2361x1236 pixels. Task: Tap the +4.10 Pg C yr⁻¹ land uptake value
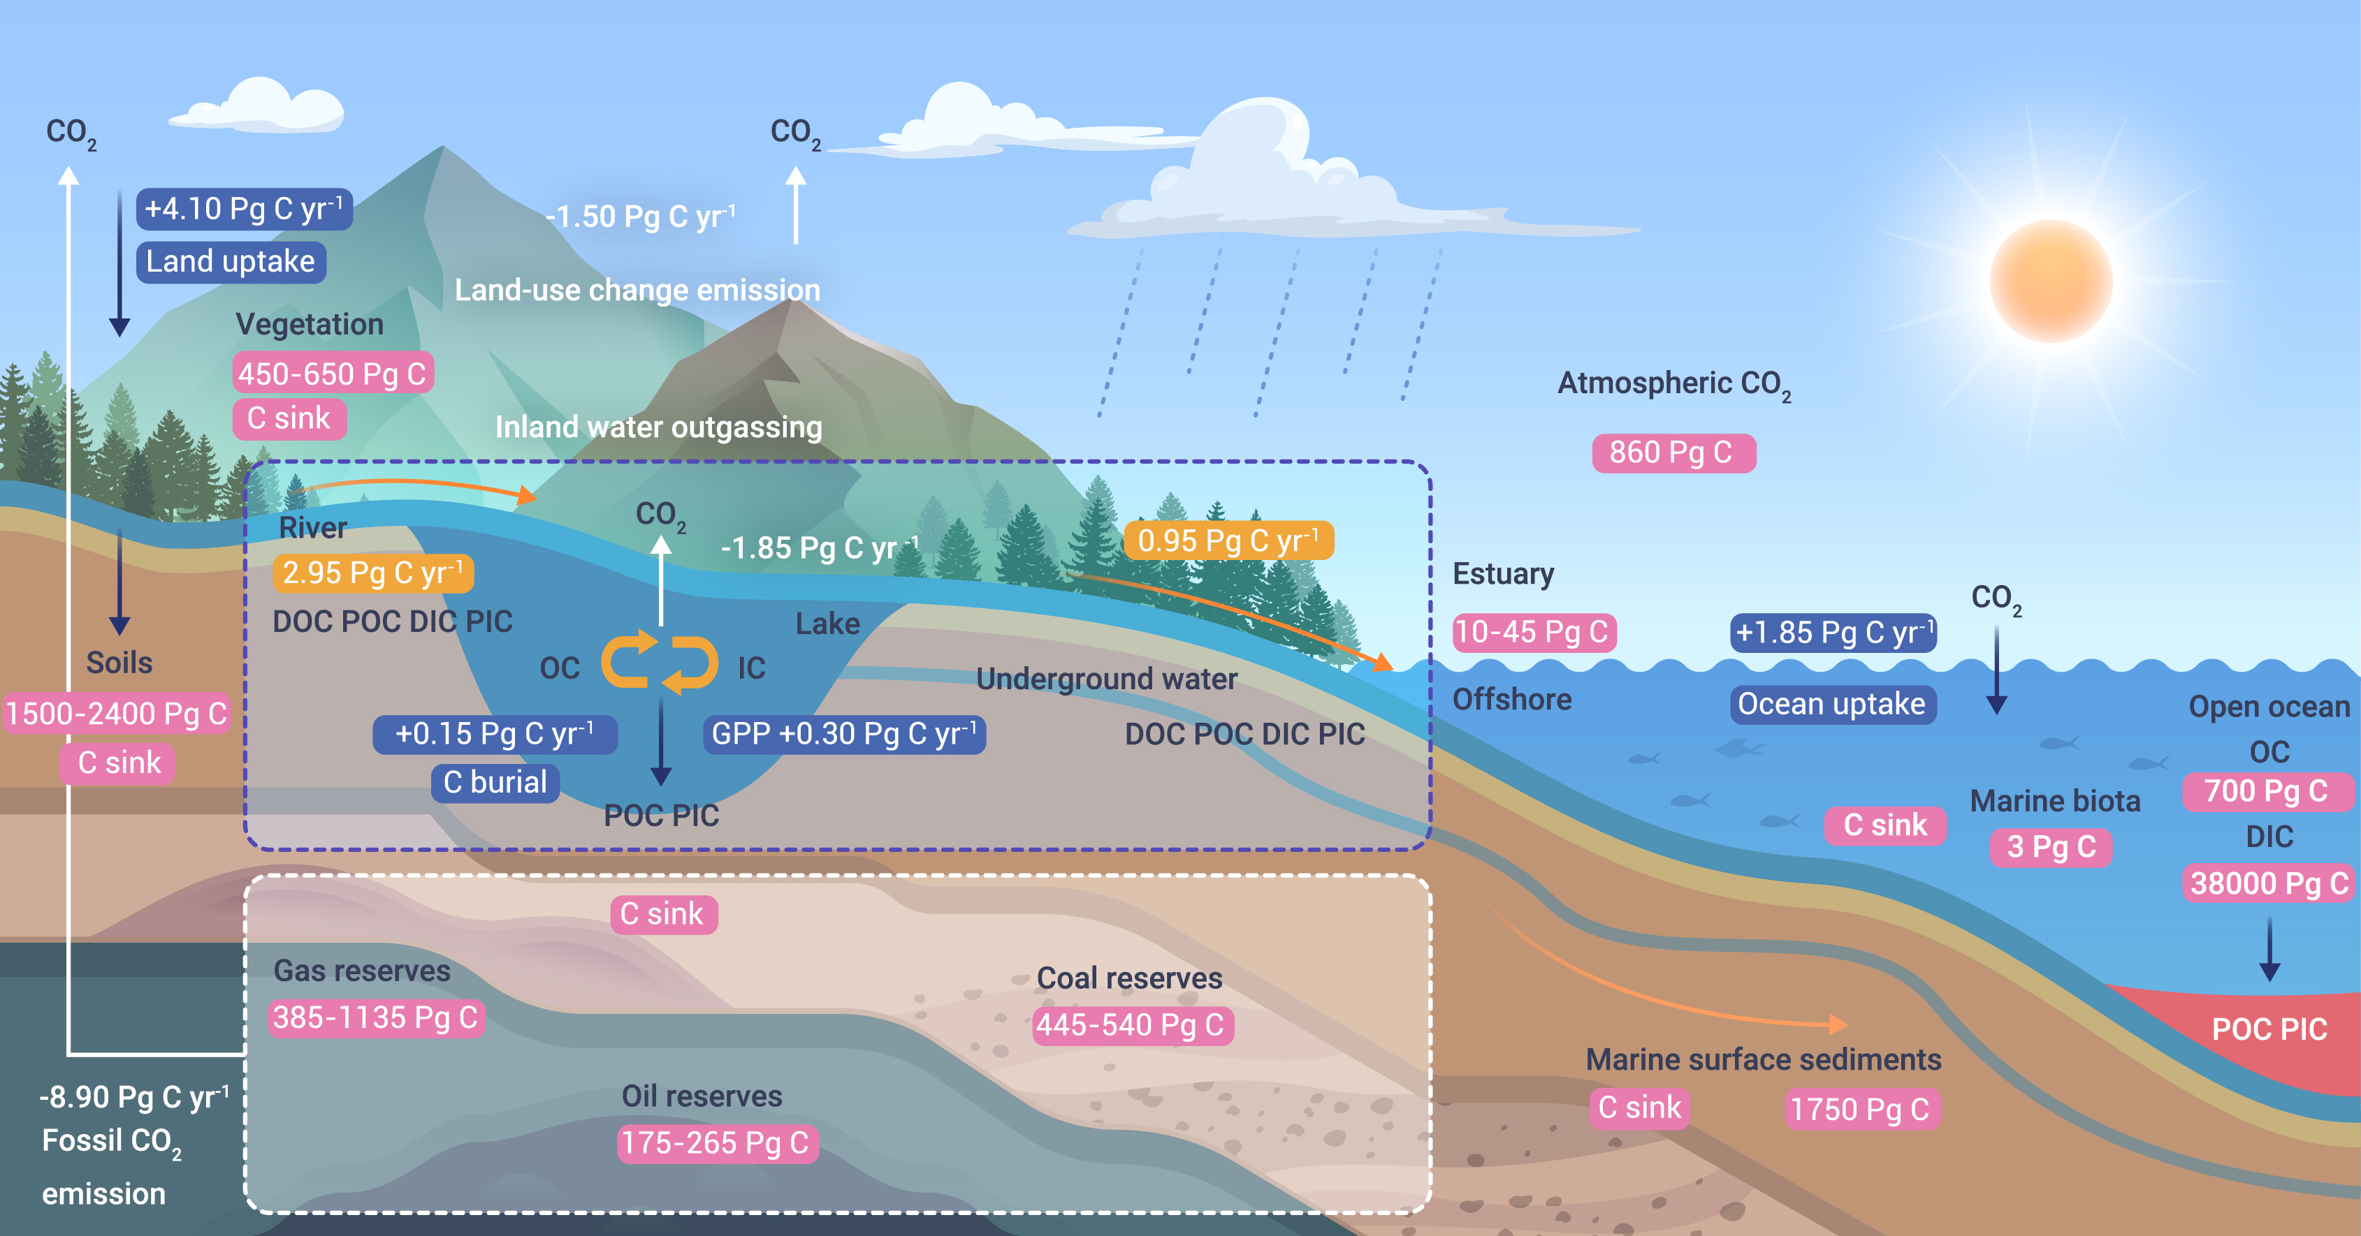tap(244, 209)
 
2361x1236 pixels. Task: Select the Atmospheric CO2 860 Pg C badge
tap(1673, 453)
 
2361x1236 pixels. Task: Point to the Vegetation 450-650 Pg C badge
tap(332, 374)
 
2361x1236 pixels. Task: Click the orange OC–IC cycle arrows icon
tap(659, 661)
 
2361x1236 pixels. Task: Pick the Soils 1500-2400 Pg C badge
tap(117, 713)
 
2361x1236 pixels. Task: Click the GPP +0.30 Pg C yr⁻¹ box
tap(844, 734)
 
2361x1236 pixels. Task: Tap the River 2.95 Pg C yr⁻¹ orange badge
tap(372, 573)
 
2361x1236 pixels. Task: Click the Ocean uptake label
tap(1832, 704)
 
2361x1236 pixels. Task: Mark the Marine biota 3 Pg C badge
tap(2051, 846)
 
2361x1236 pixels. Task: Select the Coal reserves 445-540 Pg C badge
tap(1132, 1024)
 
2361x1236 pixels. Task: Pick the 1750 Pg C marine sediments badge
tap(1861, 1110)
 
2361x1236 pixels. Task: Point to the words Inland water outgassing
tap(658, 427)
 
